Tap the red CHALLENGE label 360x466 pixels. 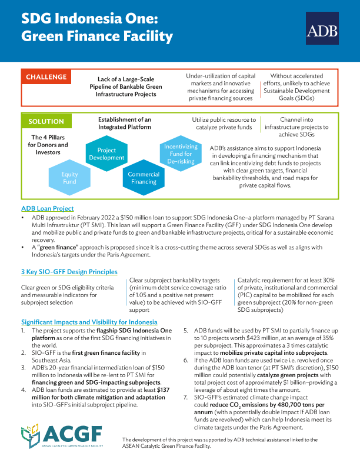46,77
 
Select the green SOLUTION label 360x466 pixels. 46,122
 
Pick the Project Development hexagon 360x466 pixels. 107,154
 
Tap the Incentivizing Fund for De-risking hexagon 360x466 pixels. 181,154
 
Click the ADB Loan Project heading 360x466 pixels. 47,209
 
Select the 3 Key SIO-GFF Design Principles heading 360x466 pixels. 69,271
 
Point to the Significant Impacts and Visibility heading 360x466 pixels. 89,322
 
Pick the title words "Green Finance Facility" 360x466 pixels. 97,37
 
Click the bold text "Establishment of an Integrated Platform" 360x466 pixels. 124,123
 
